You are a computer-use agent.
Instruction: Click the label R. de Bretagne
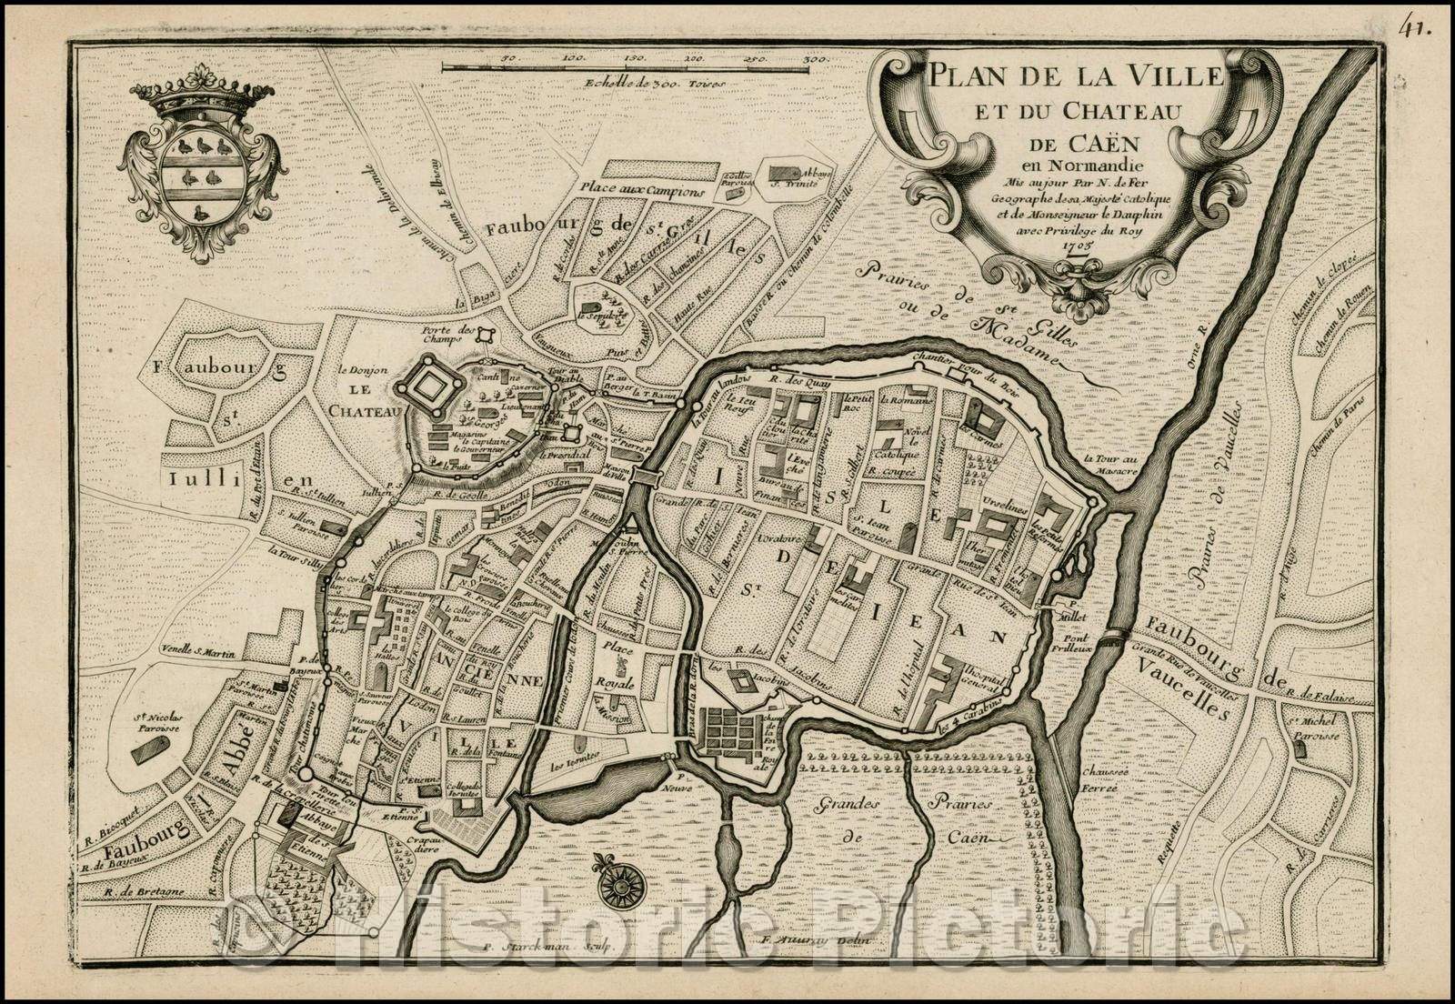[x=121, y=888]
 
